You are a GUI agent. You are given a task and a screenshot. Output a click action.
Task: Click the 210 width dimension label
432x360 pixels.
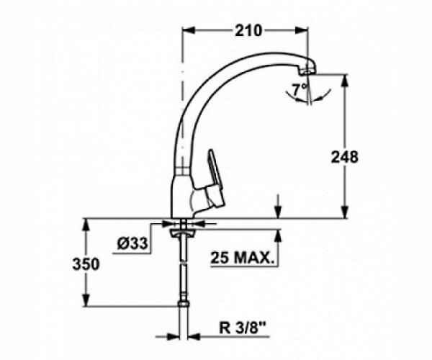tap(248, 31)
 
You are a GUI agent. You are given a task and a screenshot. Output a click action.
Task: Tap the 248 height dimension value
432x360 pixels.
tap(344, 157)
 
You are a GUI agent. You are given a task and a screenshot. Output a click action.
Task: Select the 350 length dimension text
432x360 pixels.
tap(86, 264)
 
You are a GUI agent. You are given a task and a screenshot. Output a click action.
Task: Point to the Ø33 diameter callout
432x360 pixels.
tap(132, 243)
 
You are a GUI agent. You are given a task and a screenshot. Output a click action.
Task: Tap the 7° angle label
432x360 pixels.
tap(300, 90)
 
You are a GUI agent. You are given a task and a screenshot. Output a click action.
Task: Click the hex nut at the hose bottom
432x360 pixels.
tap(184, 304)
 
